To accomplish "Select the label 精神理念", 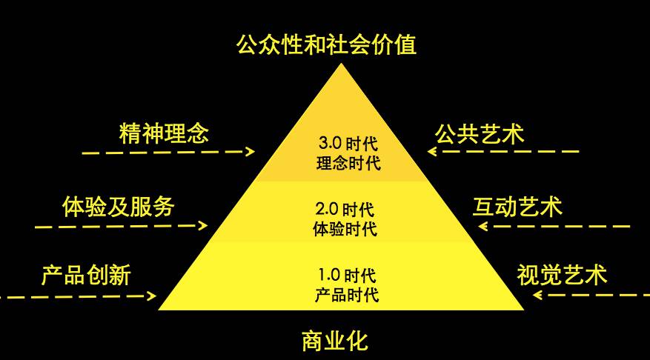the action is tap(164, 134).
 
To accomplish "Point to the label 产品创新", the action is tap(86, 276).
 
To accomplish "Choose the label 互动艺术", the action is tap(517, 206).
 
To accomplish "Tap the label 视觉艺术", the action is tap(562, 276).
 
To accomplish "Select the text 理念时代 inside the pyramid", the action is tap(342, 162).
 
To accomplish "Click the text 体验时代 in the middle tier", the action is tap(343, 228).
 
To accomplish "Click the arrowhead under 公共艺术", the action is tap(431, 152).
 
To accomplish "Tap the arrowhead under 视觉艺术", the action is tap(537, 296).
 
